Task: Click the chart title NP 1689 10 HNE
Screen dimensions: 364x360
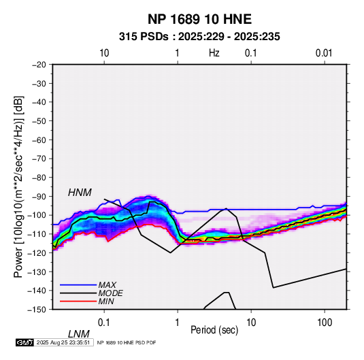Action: click(199, 19)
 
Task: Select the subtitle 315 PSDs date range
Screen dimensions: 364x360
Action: click(199, 37)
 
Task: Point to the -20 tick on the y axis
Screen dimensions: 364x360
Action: click(39, 65)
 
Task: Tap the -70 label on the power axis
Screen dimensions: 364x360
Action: click(39, 159)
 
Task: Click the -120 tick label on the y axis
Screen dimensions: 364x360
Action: click(37, 252)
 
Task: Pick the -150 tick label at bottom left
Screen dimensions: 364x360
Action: click(37, 310)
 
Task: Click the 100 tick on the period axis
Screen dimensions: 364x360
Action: click(325, 323)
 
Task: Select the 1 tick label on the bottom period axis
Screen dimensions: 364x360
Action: click(178, 323)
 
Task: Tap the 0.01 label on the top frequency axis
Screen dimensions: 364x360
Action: click(324, 53)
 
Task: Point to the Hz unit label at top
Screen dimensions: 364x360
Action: click(214, 53)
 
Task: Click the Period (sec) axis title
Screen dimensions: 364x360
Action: click(214, 330)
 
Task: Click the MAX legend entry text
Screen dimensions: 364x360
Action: click(107, 285)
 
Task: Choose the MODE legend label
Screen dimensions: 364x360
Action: click(110, 293)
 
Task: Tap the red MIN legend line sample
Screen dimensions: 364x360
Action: click(78, 301)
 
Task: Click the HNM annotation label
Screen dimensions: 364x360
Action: click(80, 193)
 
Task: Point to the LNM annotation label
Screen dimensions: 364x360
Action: click(78, 334)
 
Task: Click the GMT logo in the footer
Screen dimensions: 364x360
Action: click(25, 342)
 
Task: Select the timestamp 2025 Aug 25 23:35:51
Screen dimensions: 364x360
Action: click(63, 342)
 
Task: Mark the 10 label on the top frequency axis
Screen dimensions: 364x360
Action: click(104, 53)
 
